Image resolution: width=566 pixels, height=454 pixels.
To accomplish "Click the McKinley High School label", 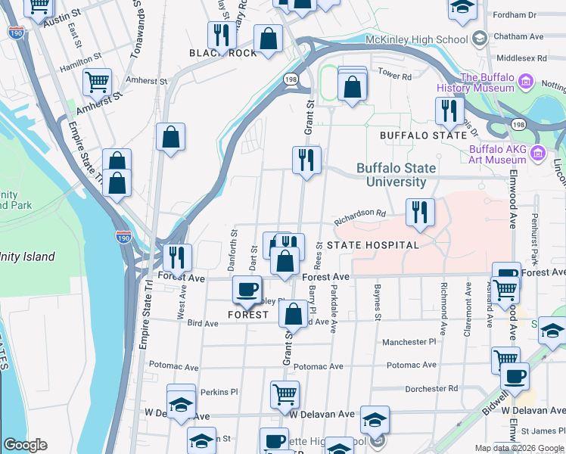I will (x=415, y=39).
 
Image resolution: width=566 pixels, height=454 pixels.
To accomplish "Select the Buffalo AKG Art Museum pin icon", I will (x=538, y=154).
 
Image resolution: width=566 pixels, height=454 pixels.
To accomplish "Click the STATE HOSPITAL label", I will (x=373, y=245).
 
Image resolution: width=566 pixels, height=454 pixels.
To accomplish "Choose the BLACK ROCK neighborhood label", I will (x=223, y=53).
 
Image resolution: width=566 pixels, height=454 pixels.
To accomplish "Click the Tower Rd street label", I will (x=394, y=76).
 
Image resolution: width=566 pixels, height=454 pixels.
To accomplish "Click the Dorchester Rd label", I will (x=431, y=389).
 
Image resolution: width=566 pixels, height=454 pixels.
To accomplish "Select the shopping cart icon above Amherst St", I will (x=98, y=82).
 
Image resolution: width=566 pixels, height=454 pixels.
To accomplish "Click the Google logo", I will (x=25, y=445).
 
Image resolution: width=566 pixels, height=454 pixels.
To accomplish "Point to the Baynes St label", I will (x=376, y=300).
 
